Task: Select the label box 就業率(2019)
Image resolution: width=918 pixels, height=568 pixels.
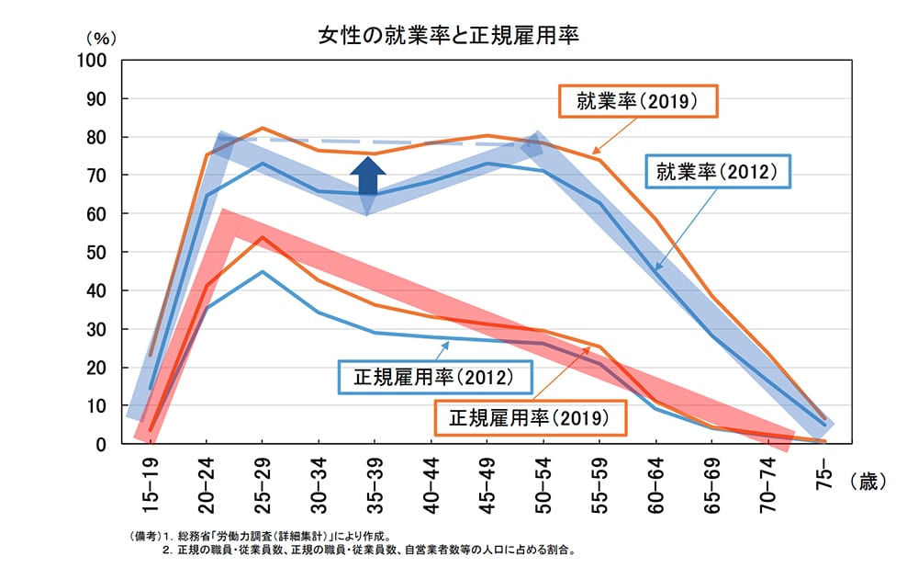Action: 638,101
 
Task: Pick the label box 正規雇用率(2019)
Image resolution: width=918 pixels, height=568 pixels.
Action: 530,417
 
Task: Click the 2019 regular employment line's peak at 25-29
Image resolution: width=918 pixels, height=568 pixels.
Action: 262,237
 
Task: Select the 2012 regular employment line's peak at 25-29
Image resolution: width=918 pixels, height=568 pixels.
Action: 262,272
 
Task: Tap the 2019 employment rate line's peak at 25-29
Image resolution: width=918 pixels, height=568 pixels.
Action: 262,128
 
